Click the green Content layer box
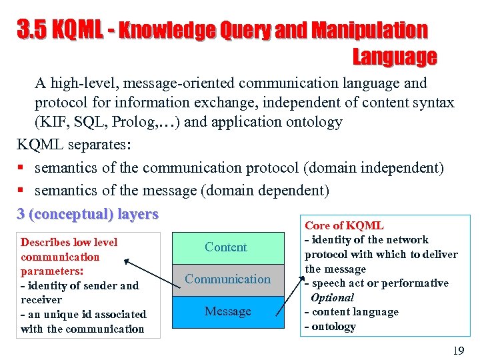226,247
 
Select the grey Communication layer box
227,279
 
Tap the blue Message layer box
227,311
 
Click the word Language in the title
394,57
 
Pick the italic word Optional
332,297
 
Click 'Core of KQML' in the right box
344,226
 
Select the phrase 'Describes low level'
69,242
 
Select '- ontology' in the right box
330,327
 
